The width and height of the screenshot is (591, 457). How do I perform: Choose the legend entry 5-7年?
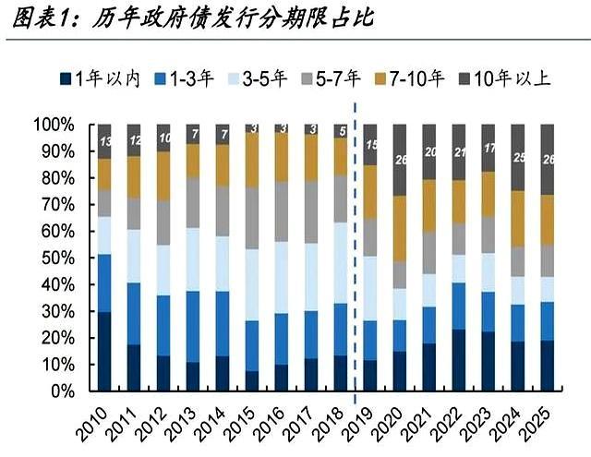pos(336,79)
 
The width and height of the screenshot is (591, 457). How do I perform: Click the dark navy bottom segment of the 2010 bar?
pos(104,352)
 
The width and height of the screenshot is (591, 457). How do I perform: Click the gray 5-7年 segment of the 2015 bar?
pos(252,218)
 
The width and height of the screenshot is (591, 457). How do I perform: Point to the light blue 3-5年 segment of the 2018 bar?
pos(341,262)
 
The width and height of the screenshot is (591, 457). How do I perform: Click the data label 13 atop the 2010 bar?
pos(104,140)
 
